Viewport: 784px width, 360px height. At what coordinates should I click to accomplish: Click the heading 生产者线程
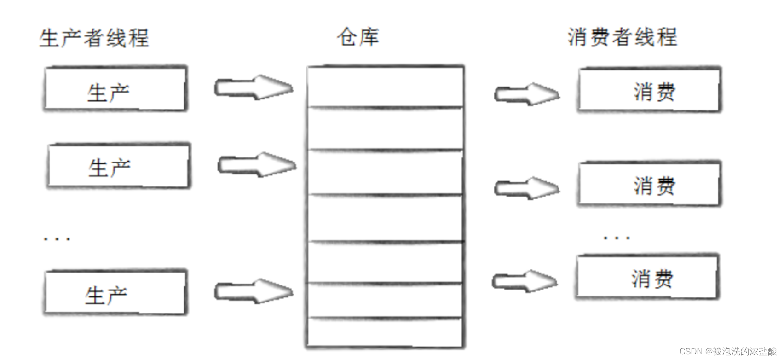[x=94, y=38]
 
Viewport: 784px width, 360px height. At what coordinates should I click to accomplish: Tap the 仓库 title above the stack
[x=358, y=37]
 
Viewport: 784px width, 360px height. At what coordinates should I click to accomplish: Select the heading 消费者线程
[x=622, y=37]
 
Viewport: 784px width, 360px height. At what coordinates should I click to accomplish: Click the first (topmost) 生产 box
[x=115, y=89]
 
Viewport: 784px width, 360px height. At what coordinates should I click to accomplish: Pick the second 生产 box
[x=119, y=166]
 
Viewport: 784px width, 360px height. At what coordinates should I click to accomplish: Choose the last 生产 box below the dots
[x=115, y=293]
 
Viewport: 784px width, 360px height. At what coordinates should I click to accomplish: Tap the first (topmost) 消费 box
[x=649, y=90]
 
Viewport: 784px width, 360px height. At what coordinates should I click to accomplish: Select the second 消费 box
[x=649, y=184]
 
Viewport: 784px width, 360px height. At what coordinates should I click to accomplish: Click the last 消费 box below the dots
[x=646, y=278]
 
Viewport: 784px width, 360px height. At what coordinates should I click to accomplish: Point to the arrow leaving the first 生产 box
[x=253, y=87]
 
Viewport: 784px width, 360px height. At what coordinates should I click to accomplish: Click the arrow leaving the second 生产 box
[x=256, y=165]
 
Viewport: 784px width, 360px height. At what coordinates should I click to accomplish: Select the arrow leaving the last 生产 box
[x=253, y=291]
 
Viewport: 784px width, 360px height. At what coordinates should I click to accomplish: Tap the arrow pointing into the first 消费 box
[x=526, y=94]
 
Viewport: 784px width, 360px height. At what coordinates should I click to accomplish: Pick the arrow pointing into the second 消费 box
[x=526, y=188]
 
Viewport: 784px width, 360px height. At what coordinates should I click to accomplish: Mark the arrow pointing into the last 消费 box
[x=524, y=281]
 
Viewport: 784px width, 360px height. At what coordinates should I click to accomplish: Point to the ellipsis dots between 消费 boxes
[x=617, y=238]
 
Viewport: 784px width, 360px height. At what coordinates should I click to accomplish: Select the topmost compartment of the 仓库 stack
[x=385, y=87]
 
